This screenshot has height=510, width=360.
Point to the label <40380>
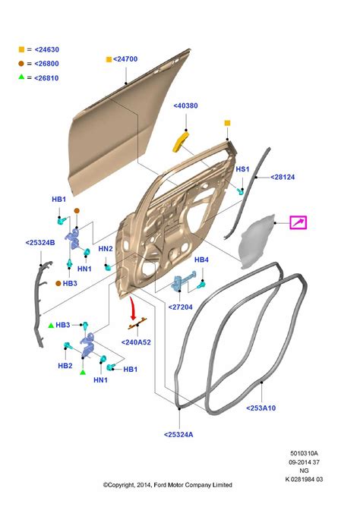click(186, 106)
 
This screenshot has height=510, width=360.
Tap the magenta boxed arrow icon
click(299, 222)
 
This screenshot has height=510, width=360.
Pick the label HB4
click(201, 260)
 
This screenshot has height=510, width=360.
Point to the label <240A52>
click(137, 342)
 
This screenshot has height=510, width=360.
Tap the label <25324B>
click(40, 244)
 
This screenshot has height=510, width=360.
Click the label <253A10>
click(261, 407)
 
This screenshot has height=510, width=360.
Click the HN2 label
click(106, 249)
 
